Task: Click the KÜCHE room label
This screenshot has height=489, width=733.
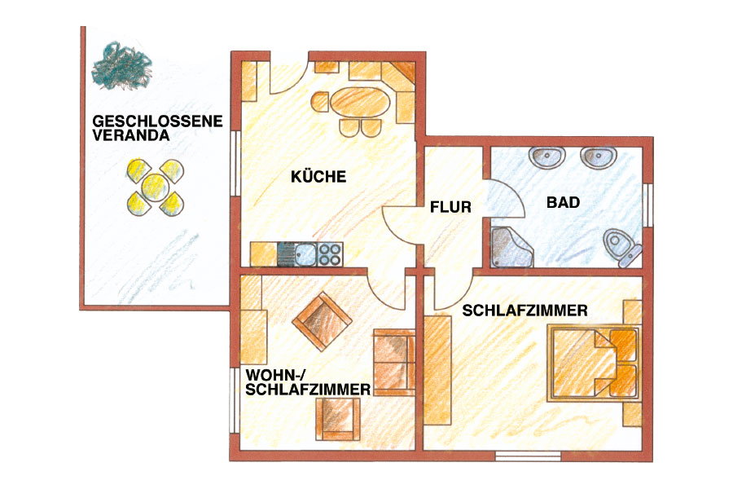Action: [318, 176]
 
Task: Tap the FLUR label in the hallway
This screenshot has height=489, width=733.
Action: [450, 207]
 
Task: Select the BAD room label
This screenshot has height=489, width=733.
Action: [563, 202]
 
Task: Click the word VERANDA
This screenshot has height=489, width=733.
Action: [130, 135]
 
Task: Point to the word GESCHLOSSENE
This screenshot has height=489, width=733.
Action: [157, 121]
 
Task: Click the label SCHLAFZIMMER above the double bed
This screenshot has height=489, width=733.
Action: [525, 311]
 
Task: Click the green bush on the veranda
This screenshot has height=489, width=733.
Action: [121, 65]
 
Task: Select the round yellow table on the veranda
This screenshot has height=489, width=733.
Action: [156, 187]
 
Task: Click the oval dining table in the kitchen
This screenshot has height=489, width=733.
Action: [360, 103]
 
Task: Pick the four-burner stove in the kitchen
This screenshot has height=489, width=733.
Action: [330, 254]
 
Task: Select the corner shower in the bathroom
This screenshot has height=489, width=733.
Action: [511, 248]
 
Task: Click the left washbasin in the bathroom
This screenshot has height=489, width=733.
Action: [547, 156]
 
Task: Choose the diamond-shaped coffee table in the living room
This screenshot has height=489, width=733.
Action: [322, 321]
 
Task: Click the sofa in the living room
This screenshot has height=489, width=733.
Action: [394, 362]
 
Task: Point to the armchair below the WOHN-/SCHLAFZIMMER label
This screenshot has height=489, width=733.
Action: [338, 419]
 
